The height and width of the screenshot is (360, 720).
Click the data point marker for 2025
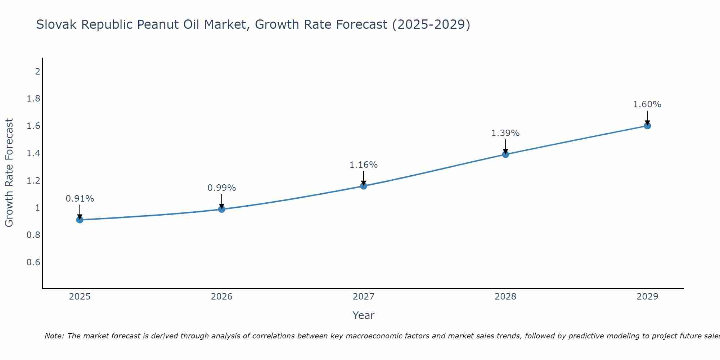80,220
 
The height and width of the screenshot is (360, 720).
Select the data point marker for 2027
364,186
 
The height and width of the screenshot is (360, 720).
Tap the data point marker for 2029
647,126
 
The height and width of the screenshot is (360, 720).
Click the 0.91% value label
80,199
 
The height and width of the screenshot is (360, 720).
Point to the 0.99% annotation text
221,188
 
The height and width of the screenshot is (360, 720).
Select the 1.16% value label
364,165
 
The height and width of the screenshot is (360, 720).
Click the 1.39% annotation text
505,133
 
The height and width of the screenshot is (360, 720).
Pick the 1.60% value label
647,104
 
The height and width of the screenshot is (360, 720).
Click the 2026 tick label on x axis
221,297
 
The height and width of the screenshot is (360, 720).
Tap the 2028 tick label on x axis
505,297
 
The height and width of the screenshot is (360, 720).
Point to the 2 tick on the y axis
37,71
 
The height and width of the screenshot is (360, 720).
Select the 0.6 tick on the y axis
33,262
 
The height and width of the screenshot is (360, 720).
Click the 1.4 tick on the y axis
33,153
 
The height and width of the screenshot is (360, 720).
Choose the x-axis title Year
364,315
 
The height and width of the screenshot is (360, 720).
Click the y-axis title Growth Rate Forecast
9,173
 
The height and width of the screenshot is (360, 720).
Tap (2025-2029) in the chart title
431,24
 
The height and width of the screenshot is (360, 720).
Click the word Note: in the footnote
54,336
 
